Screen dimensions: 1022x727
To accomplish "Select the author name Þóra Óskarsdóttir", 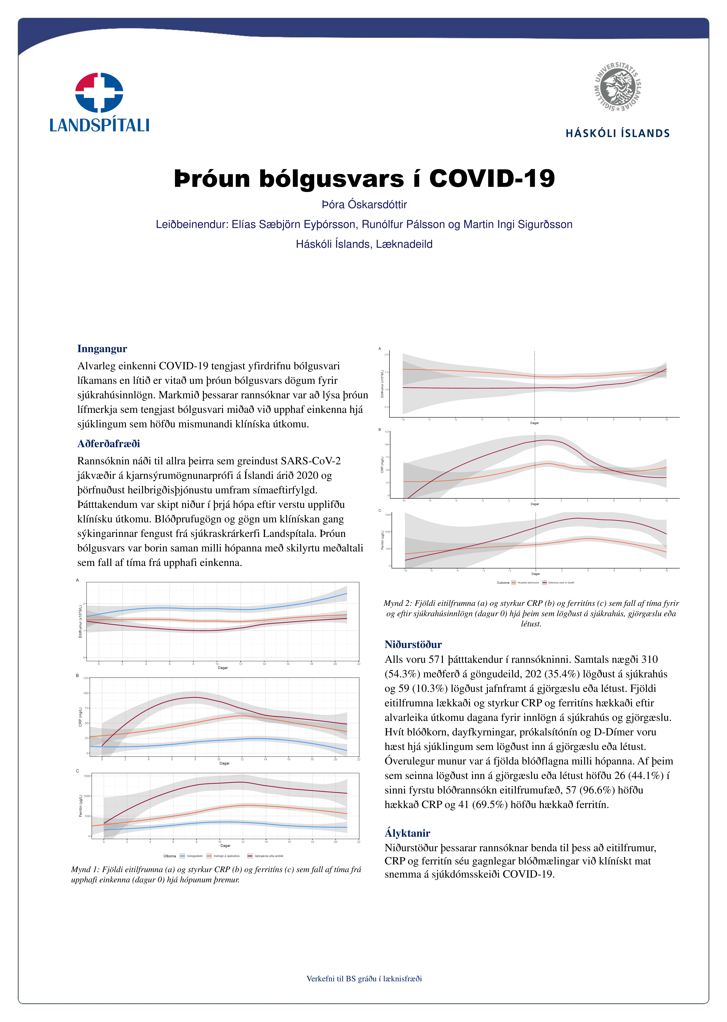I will point(364,205).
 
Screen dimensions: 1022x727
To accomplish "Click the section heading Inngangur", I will point(102,349).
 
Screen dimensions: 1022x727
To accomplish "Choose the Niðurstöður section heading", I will point(413,644).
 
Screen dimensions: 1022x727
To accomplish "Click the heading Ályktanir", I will point(407,833).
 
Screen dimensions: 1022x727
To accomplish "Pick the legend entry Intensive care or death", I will point(561,583).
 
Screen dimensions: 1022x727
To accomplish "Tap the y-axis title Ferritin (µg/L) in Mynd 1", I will point(81,806).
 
